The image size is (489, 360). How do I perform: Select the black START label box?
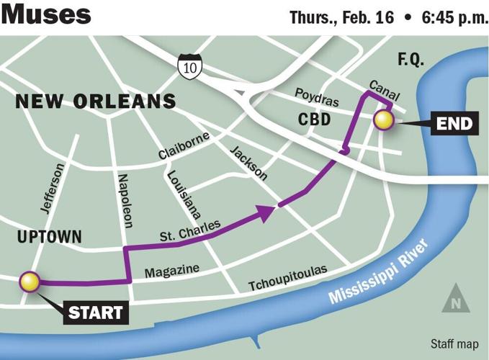pyautogui.click(x=96, y=313)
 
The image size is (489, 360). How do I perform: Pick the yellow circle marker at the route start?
pyautogui.click(x=30, y=282)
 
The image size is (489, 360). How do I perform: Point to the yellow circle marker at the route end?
pyautogui.click(x=383, y=120)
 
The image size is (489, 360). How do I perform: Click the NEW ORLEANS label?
pyautogui.click(x=95, y=102)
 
